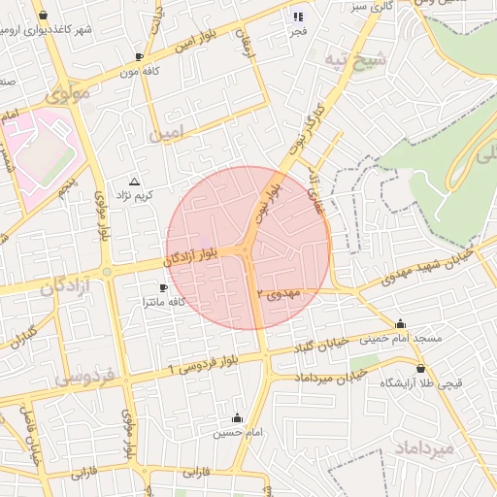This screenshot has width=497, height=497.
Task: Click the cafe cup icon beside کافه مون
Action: click(140, 57)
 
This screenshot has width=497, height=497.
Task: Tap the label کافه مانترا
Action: click(163, 303)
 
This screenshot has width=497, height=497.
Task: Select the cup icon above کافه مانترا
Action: click(163, 288)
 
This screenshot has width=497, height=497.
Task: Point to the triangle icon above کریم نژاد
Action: click(134, 182)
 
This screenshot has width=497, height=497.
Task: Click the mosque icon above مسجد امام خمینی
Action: click(400, 323)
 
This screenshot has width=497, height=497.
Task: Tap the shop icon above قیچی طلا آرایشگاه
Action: click(419, 368)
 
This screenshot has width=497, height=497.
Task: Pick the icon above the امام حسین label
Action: click(238, 418)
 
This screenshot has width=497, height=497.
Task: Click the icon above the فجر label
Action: click(297, 16)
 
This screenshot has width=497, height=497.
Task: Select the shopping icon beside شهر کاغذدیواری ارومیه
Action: click(43, 15)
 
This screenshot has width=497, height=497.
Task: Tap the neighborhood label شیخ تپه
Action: click(357, 59)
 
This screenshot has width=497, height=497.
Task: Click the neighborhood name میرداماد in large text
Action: click(425, 447)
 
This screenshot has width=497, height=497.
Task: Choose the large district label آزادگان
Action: click(65, 286)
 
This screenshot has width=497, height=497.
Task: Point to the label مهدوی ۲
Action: click(282, 292)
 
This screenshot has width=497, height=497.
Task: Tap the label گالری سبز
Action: click(372, 6)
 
